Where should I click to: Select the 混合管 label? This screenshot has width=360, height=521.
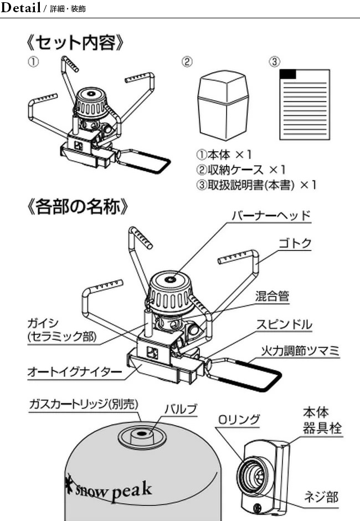tap(272, 297)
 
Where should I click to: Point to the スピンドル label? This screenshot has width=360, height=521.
tap(284, 324)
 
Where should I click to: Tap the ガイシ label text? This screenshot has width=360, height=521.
tap(43, 323)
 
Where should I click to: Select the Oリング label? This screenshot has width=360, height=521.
tap(239, 420)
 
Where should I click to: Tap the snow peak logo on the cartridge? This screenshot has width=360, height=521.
tap(109, 490)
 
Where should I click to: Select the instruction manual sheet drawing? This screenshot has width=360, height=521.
tap(304, 105)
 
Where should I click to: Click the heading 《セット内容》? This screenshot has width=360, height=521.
tap(74, 42)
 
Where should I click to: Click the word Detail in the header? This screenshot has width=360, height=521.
tap(21, 8)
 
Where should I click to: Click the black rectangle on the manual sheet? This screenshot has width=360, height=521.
tap(289, 74)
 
